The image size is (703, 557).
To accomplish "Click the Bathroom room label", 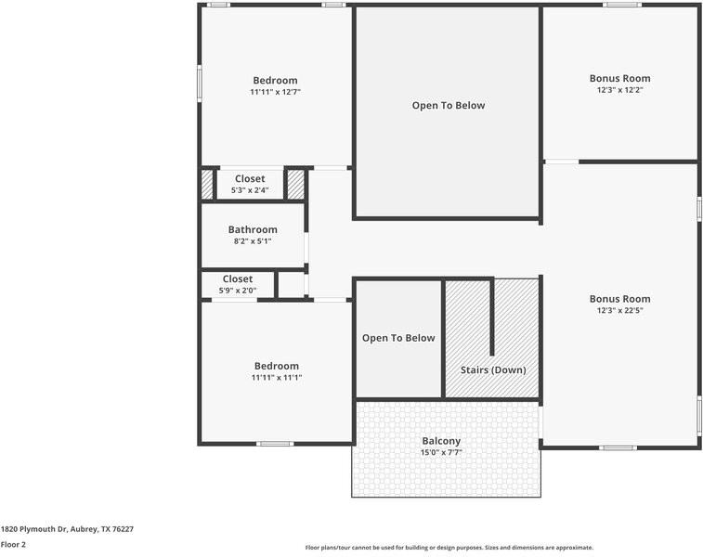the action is point(253,229).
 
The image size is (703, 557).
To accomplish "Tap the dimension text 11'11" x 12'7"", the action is point(275,92).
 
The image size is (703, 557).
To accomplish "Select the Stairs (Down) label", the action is point(493,370).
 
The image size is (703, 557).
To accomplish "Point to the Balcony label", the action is point(441,441).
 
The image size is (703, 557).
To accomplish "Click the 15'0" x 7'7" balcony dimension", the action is point(441,453).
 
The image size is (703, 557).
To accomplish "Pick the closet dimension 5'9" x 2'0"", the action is point(238,291).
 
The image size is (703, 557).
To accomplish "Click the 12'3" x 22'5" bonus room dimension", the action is point(620,310).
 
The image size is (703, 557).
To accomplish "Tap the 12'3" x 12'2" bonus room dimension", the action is point(620,90).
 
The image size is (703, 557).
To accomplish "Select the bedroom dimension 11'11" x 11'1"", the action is point(277,377).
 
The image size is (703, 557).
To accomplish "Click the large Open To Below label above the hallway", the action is point(449,106).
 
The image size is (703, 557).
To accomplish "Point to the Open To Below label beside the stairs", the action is point(398,338).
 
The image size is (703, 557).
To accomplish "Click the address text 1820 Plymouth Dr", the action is point(34,529).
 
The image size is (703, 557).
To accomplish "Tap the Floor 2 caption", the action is point(13,544).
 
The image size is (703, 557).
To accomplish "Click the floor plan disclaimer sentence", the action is point(449,548).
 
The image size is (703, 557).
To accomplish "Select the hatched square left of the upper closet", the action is point(207,184).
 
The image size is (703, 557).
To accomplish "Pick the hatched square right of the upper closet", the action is point(295,184).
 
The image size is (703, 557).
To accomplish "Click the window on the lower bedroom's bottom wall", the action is point(275,444).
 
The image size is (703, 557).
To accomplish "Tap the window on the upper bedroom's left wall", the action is point(200,84).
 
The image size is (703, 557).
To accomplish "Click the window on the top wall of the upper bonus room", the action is point(622,5).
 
